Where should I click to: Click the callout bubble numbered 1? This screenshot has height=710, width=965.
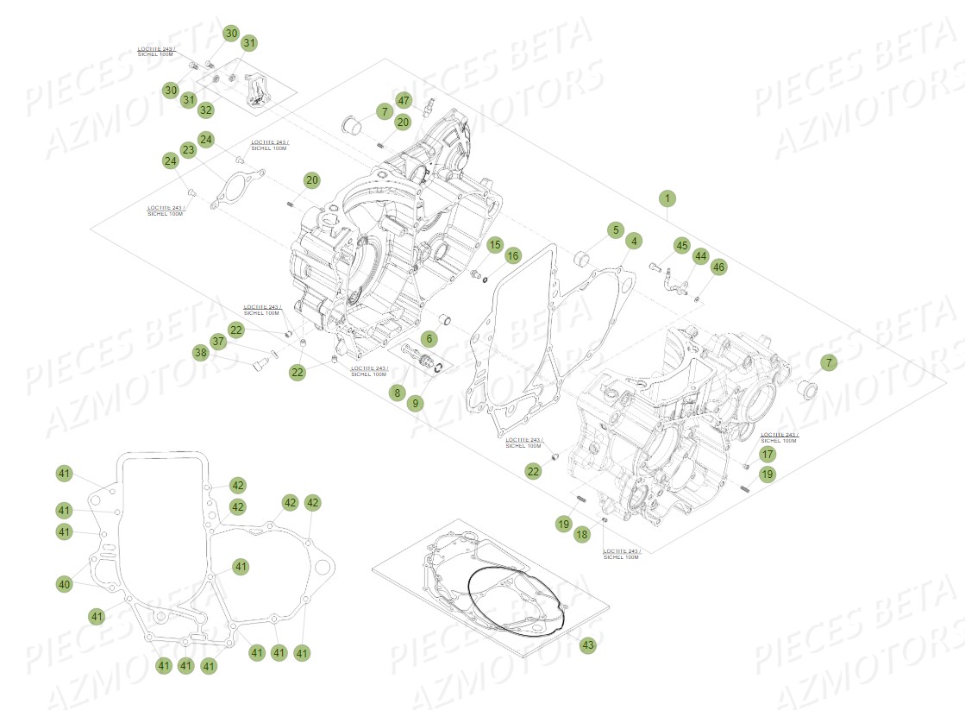tap(666, 198)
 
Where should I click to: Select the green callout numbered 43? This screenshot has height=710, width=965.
tap(588, 644)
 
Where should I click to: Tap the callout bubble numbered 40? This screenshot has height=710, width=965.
tap(64, 585)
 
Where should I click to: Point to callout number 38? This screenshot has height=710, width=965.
tap(200, 352)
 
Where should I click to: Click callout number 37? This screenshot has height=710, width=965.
tap(218, 342)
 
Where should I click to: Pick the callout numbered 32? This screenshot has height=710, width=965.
tap(205, 110)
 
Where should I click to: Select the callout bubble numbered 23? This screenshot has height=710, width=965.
tap(188, 148)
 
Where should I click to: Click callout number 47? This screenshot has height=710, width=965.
tap(404, 100)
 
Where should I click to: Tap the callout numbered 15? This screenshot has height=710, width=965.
tap(493, 246)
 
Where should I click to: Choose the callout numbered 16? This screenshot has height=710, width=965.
tap(513, 255)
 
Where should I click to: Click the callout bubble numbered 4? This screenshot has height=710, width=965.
tap(633, 242)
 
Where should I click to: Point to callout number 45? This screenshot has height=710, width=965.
tap(681, 247)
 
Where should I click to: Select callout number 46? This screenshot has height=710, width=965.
tap(718, 268)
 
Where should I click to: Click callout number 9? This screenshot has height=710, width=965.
tap(415, 402)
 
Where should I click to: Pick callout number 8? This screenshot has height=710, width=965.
tap(397, 393)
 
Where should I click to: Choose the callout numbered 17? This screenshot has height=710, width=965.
tap(768, 454)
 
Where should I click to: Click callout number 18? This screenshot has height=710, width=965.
tap(581, 535)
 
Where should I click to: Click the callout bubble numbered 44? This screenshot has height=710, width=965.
tap(700, 256)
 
